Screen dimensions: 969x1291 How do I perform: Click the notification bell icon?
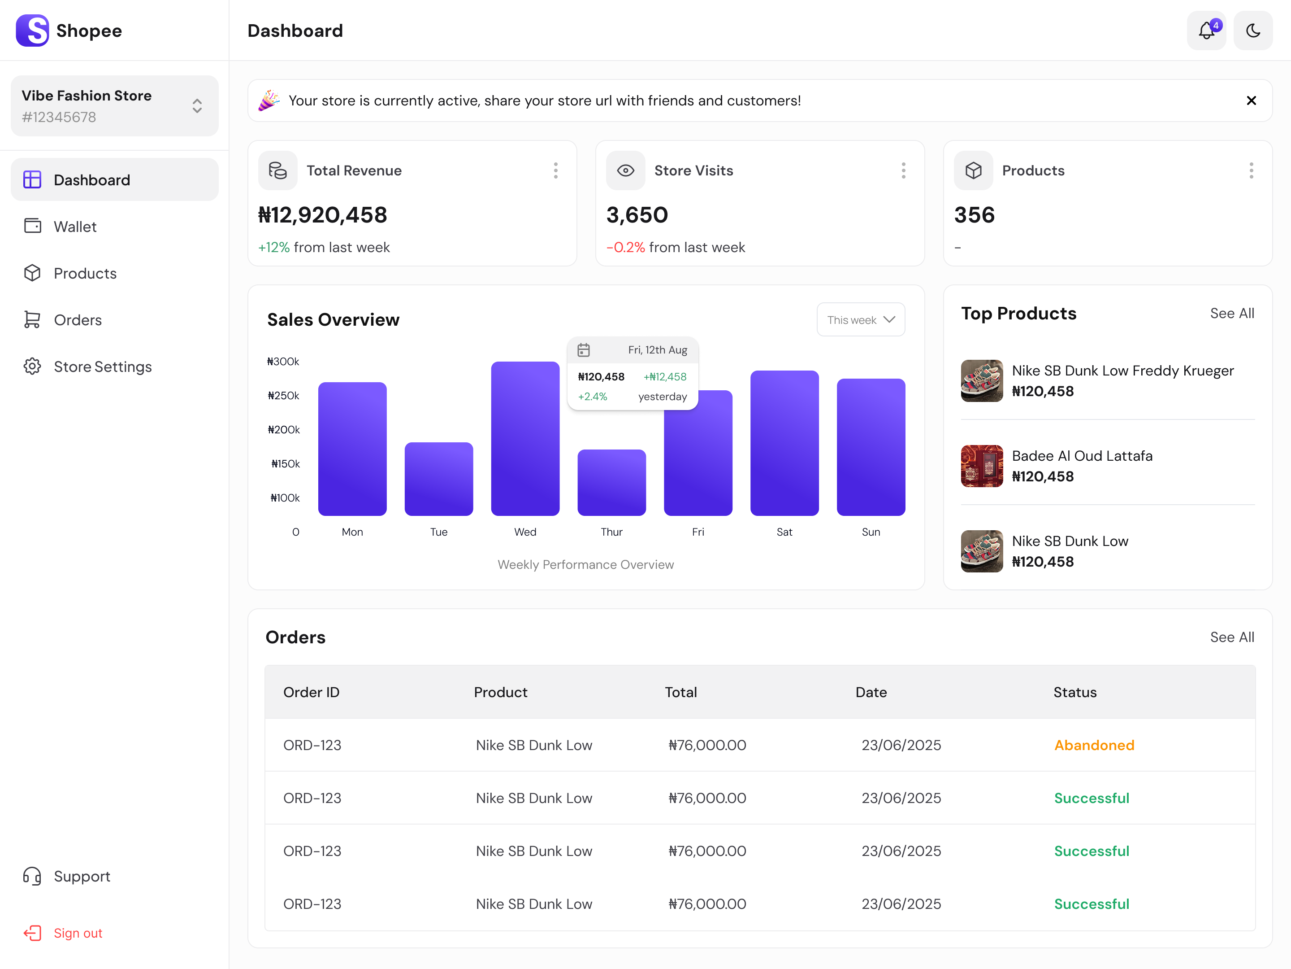tap(1206, 31)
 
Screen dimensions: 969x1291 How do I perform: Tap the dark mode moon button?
tap(1252, 31)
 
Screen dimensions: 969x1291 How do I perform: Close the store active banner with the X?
tap(1251, 100)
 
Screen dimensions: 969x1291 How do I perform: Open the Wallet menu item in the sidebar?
tap(75, 227)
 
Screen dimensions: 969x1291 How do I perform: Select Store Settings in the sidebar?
tap(103, 367)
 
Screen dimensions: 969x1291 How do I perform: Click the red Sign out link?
tap(78, 933)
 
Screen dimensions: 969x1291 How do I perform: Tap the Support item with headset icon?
tap(82, 876)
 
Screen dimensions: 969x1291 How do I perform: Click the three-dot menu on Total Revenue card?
tap(555, 170)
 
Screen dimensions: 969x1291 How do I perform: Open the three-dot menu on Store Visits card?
tap(903, 170)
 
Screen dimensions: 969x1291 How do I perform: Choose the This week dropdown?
tap(860, 319)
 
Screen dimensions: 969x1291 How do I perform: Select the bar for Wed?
tap(524, 438)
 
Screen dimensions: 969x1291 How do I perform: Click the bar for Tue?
tap(438, 479)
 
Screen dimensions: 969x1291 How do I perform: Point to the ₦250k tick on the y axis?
tap(284, 395)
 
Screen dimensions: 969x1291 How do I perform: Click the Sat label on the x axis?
tap(784, 532)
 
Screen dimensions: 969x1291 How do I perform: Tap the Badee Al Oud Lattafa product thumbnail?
tap(982, 466)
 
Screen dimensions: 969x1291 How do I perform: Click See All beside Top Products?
tap(1231, 313)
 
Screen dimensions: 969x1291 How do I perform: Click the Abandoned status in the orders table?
tap(1094, 745)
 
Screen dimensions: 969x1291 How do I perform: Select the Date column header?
tap(871, 692)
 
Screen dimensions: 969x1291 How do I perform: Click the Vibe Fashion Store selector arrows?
tap(197, 106)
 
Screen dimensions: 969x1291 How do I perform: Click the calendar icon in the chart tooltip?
tap(584, 350)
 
